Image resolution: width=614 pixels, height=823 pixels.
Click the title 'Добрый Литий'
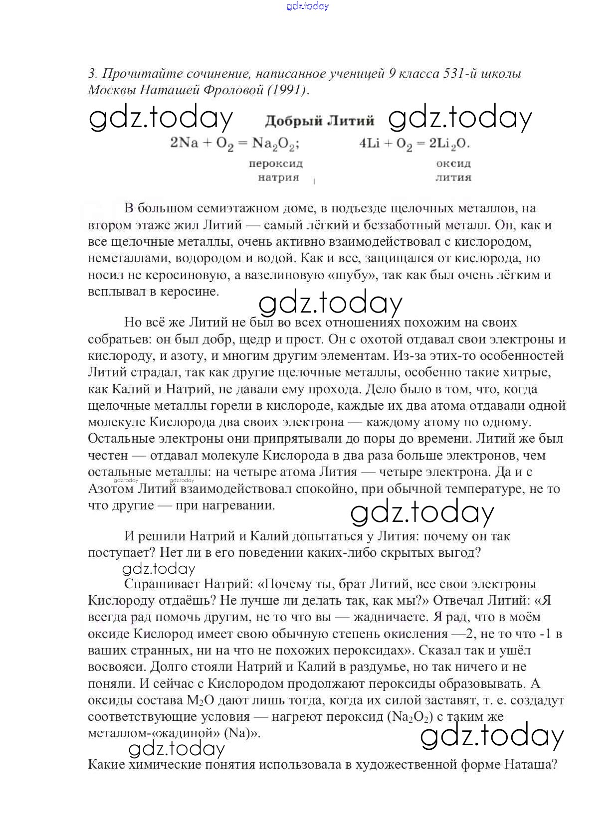tap(319, 121)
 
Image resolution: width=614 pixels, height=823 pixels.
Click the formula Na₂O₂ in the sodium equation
tap(275, 144)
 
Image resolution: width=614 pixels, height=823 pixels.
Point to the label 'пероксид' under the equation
tap(276, 164)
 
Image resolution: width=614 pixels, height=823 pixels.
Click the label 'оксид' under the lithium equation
tap(453, 164)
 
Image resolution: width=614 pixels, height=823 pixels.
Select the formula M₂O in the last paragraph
tap(201, 700)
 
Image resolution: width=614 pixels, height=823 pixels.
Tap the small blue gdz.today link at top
tap(308, 6)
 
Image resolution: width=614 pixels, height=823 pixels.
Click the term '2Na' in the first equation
tap(184, 144)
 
